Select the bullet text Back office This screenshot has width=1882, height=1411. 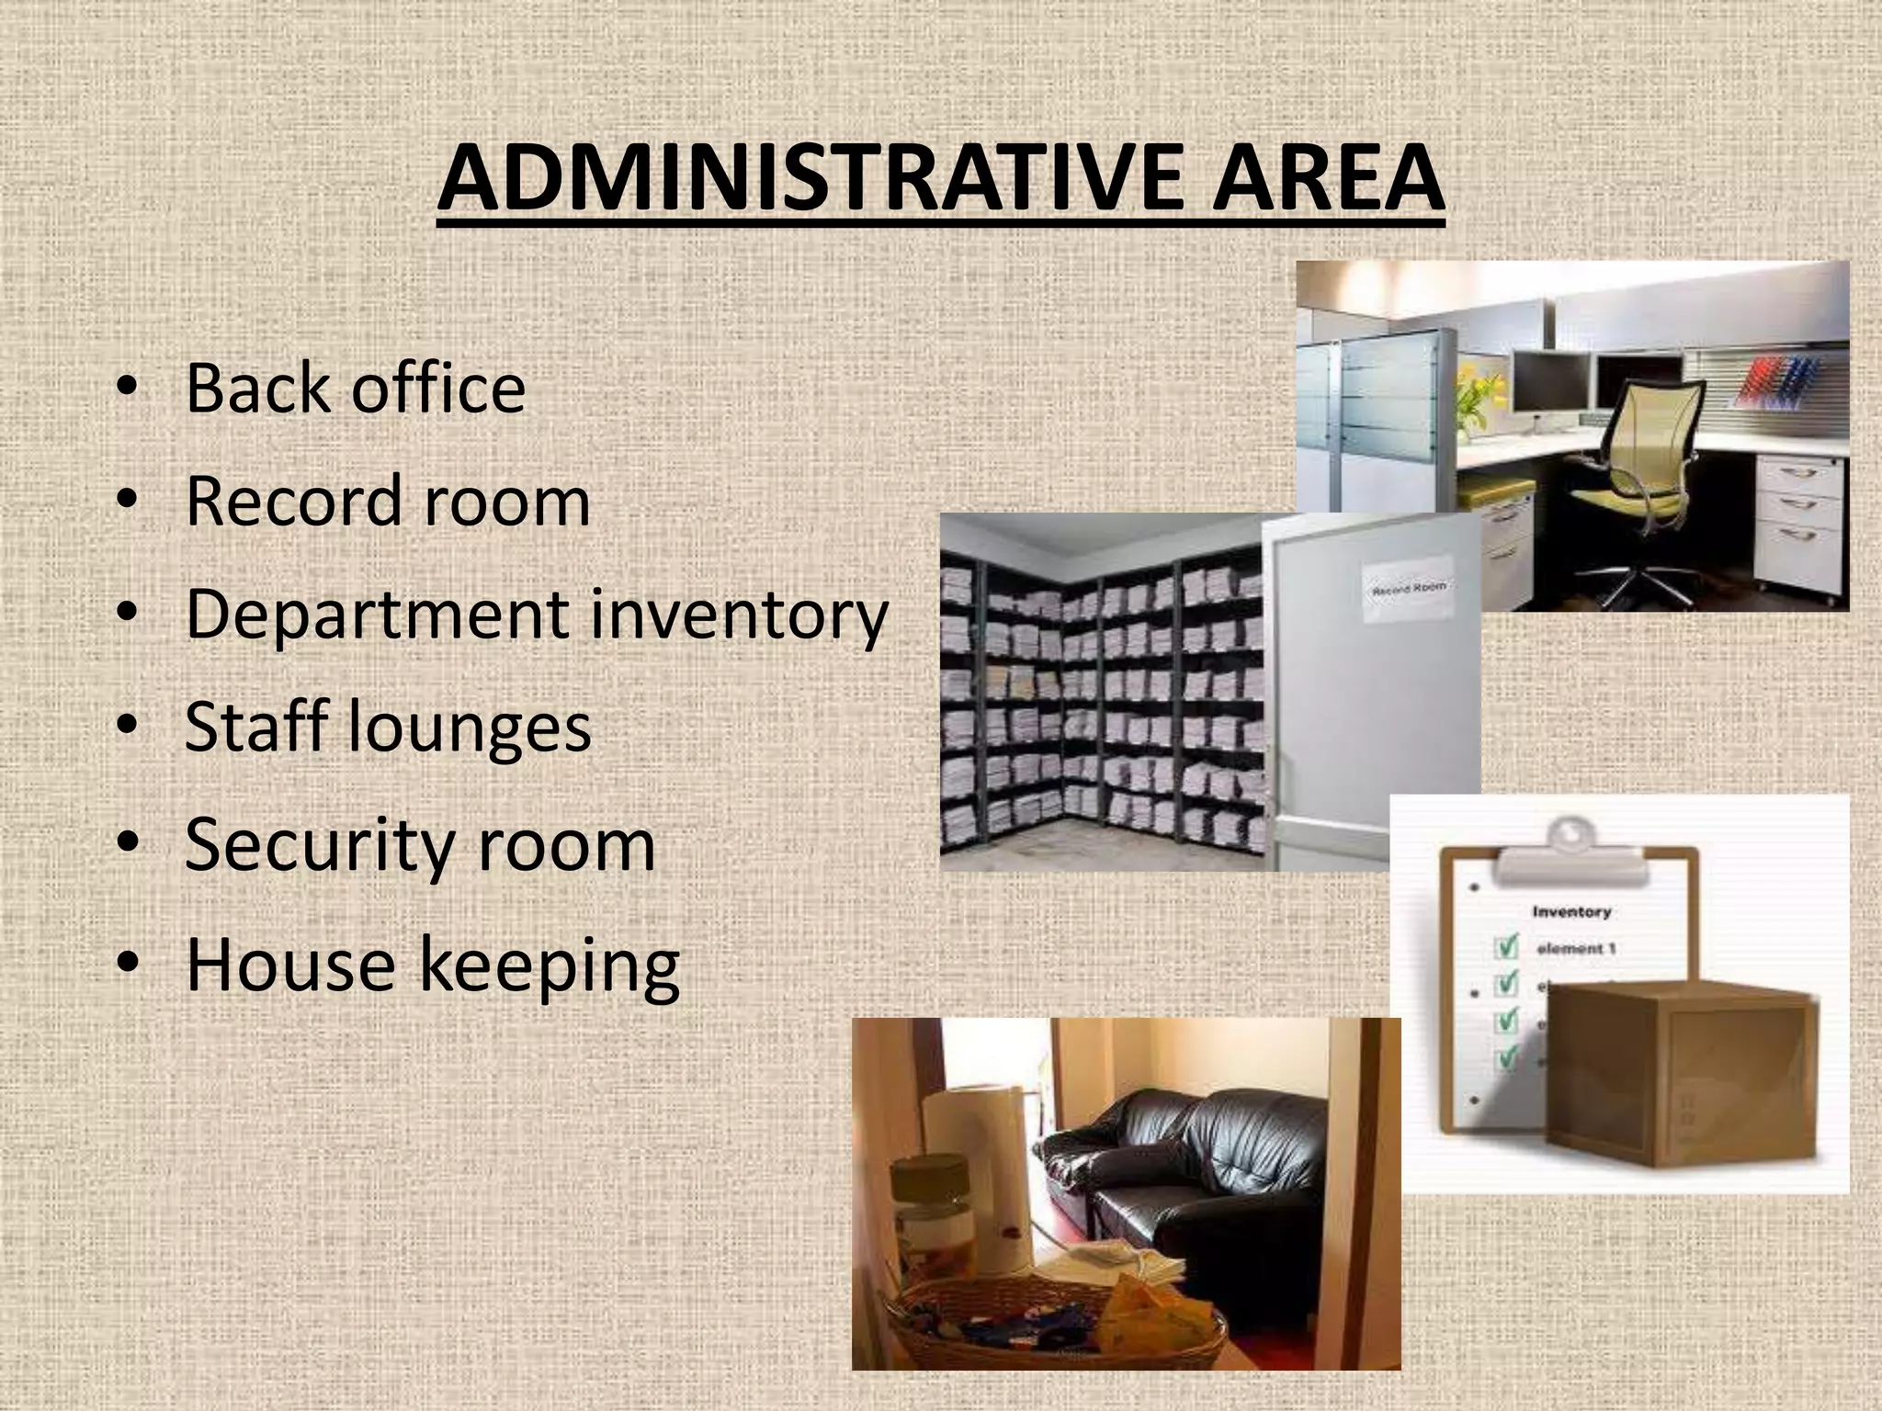(355, 388)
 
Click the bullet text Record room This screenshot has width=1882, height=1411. (388, 502)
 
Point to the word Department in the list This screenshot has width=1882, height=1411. (377, 615)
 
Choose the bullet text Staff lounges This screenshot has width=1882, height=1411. (388, 727)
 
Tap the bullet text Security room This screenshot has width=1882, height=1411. (420, 844)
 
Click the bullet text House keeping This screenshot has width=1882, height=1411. (432, 965)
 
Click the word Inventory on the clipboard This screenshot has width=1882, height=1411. (1571, 912)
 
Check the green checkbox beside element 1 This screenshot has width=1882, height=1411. (1506, 946)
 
